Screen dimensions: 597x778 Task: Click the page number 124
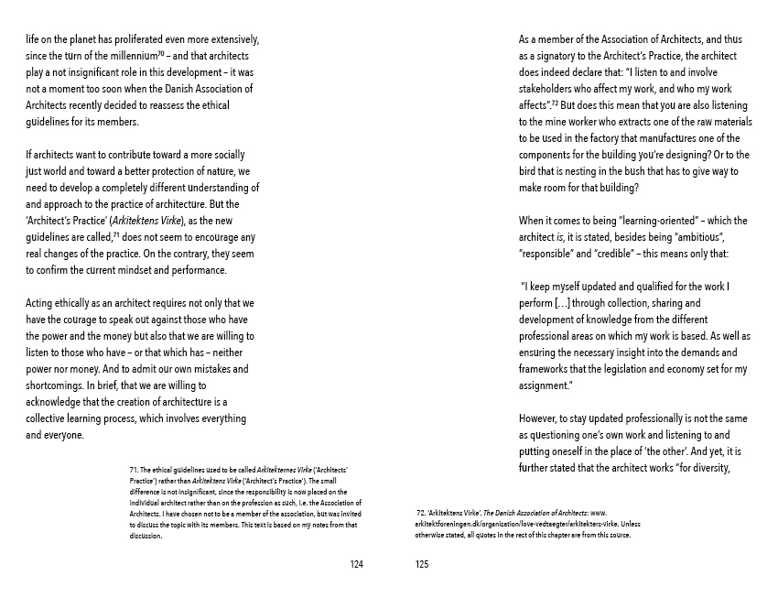[357, 565]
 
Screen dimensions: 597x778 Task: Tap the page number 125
[421, 565]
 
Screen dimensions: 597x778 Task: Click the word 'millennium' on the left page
[114, 57]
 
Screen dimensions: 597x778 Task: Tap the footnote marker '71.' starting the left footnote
[135, 470]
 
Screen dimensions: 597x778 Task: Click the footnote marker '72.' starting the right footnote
[421, 514]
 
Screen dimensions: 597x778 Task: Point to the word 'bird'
[530, 171]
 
